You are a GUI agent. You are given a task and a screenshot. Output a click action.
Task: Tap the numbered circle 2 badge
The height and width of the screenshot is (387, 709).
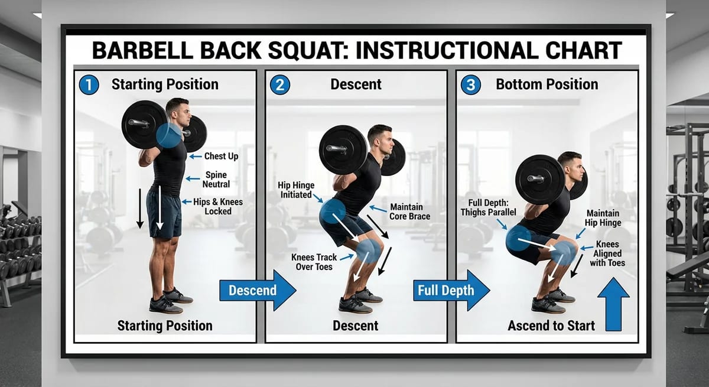(x=279, y=84)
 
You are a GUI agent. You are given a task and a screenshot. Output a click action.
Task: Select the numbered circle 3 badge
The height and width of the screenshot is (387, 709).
(x=470, y=84)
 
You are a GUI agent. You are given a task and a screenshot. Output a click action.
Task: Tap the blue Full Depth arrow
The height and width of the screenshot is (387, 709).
(x=451, y=290)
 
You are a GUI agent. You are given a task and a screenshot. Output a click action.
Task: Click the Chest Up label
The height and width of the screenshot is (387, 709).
(x=221, y=157)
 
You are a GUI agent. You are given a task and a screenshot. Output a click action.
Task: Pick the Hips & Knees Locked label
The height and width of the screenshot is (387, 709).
(x=217, y=206)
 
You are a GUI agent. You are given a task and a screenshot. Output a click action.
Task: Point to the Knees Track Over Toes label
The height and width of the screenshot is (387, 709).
(x=314, y=262)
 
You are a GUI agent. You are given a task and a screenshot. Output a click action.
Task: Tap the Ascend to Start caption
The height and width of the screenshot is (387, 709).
(x=551, y=326)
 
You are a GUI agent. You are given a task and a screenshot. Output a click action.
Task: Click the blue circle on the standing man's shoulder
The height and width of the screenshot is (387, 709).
(x=170, y=135)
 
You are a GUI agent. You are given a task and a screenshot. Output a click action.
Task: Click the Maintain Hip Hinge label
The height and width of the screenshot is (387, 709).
(x=603, y=217)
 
